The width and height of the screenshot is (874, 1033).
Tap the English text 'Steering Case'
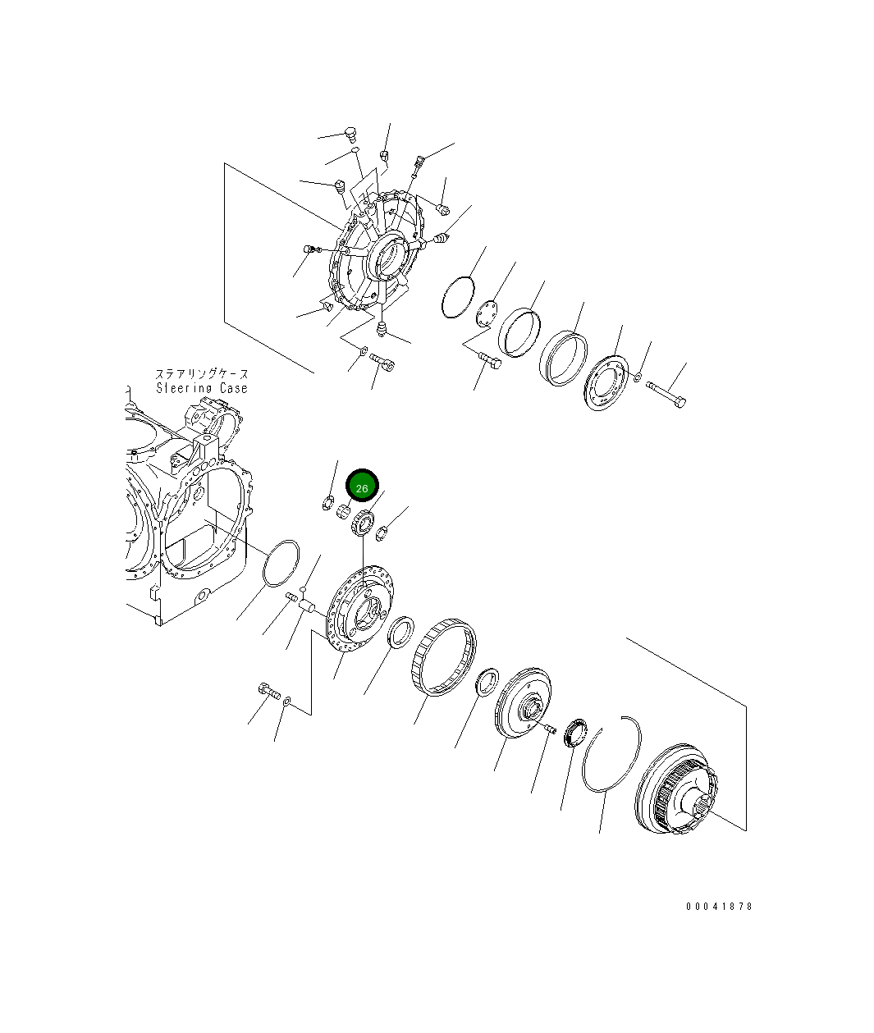(x=202, y=388)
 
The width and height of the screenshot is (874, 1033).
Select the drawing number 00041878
(x=719, y=907)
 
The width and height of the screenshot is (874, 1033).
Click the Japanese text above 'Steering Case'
(x=202, y=374)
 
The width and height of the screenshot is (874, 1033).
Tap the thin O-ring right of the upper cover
(x=458, y=297)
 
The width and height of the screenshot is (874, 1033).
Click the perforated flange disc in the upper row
(x=606, y=382)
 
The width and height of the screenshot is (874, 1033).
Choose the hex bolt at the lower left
(x=268, y=692)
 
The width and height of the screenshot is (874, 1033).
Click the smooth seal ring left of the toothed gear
(x=400, y=633)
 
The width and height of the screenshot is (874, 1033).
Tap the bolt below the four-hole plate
(x=489, y=360)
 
